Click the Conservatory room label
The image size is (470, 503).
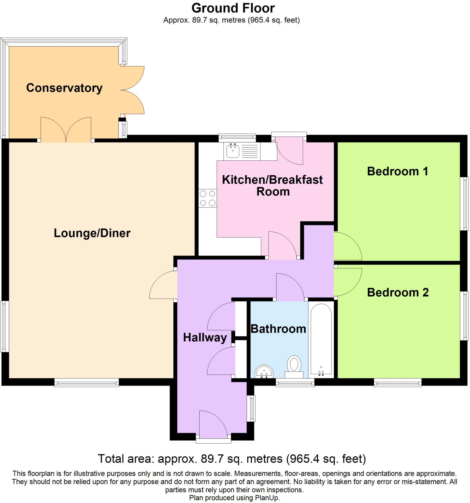coord(64,88)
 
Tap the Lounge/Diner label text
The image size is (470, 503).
coord(92,233)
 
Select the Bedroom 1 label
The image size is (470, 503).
coord(397,171)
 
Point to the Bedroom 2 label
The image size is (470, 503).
coord(398,292)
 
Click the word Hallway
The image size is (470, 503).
coord(205,337)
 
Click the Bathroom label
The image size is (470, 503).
coord(278,329)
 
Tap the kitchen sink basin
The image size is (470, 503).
coord(233,151)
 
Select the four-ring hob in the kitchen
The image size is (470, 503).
coord(207,198)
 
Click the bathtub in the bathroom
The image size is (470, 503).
coord(321,339)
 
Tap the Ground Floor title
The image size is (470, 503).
coord(233,8)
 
